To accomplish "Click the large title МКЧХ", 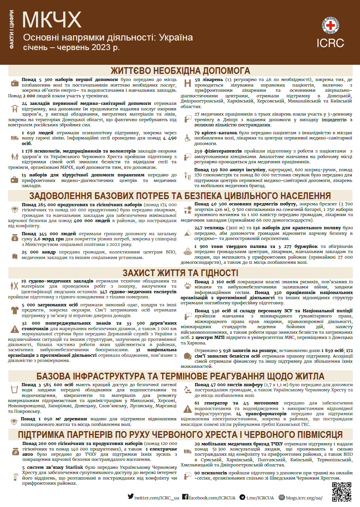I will click(52, 19).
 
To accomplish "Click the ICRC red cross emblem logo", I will click(330, 25).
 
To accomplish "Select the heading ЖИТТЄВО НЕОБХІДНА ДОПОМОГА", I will click(180, 71).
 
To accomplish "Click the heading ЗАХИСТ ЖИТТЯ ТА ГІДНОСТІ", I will click(180, 273).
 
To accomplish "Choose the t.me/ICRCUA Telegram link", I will click(257, 497).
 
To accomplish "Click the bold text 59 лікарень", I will click(209, 80).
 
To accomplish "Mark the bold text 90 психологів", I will click(211, 473).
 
